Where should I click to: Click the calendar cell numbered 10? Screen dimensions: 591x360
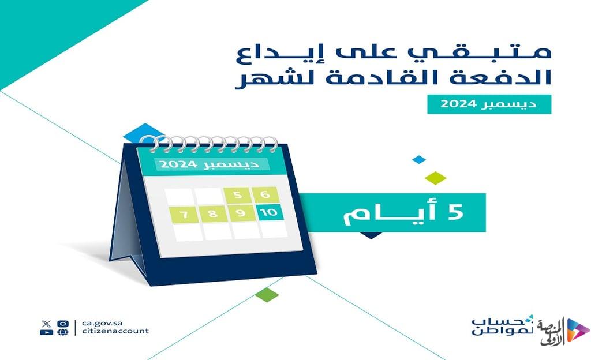pyautogui.click(x=269, y=212)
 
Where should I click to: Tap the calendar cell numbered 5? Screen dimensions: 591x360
pyautogui.click(x=237, y=195)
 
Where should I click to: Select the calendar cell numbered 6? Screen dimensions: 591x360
pyautogui.click(x=265, y=194)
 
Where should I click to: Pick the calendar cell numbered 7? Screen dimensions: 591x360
pyautogui.click(x=184, y=215)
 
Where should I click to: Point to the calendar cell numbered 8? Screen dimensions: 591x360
pyautogui.click(x=213, y=214)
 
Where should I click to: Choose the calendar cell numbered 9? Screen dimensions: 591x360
pyautogui.click(x=241, y=213)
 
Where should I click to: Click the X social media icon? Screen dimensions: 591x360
pyautogui.click(x=47, y=324)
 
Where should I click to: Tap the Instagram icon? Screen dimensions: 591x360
pyautogui.click(x=63, y=324)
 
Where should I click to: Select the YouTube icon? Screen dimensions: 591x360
pyautogui.click(x=46, y=332)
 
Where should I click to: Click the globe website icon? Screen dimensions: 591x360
pyautogui.click(x=63, y=332)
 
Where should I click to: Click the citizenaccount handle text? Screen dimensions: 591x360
pyautogui.click(x=115, y=331)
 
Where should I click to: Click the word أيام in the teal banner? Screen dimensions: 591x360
pyautogui.click(x=390, y=214)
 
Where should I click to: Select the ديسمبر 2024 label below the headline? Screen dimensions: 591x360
pyautogui.click(x=489, y=104)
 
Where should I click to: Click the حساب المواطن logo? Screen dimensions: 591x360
pyautogui.click(x=503, y=326)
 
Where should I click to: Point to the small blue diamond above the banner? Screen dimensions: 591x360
pyautogui.click(x=419, y=159)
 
